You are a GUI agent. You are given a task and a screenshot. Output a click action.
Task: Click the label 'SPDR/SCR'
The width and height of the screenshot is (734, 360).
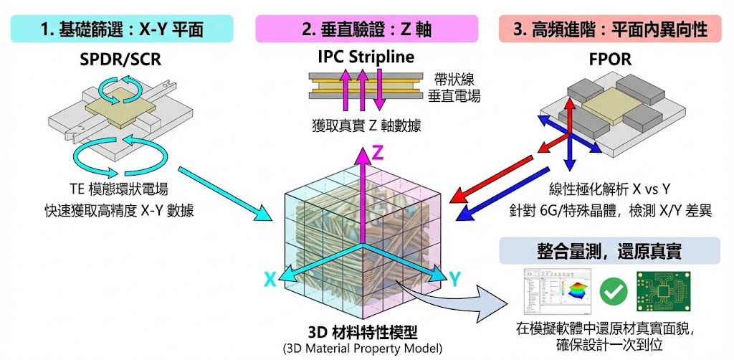click(x=120, y=60)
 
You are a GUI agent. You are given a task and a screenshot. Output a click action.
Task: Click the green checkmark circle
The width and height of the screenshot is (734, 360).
click(x=614, y=290)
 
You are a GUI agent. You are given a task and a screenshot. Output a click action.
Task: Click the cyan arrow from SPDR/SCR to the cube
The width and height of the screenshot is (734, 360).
click(x=221, y=191)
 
